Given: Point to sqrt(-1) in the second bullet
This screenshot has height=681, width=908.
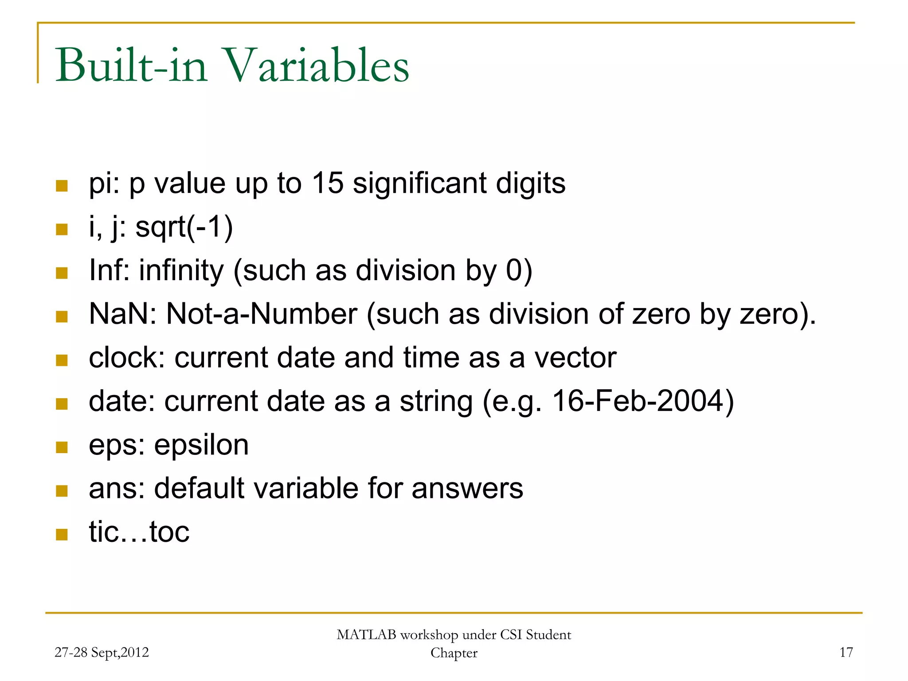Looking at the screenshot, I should (184, 227).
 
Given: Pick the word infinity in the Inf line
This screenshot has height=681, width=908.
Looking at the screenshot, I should (181, 270).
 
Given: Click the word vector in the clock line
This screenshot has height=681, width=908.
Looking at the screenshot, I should (575, 357).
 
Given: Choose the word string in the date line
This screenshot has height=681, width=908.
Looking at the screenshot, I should (436, 402).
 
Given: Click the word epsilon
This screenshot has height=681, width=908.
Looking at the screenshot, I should (201, 445).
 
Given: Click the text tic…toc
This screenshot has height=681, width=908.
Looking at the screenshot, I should (139, 532).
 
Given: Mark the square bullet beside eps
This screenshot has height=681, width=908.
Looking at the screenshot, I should (62, 447).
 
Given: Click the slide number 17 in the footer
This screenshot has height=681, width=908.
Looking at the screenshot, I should (846, 652).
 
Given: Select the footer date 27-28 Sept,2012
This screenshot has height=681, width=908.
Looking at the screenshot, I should (102, 652).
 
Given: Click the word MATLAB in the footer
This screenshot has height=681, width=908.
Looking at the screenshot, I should (366, 635).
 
